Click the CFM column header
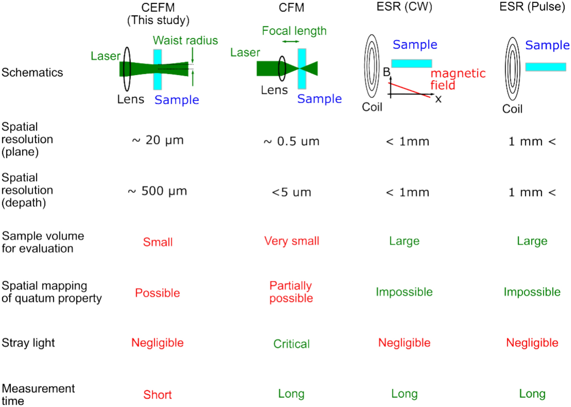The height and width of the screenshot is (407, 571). pyautogui.click(x=291, y=8)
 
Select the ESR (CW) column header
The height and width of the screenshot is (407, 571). pyautogui.click(x=404, y=6)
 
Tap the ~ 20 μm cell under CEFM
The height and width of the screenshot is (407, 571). pyautogui.click(x=157, y=140)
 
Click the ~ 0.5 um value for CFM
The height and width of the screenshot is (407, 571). pyautogui.click(x=291, y=141)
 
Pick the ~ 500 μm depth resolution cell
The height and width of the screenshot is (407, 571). pyautogui.click(x=157, y=191)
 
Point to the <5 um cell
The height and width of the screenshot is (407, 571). pyautogui.click(x=291, y=192)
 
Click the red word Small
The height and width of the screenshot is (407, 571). pyautogui.click(x=157, y=242)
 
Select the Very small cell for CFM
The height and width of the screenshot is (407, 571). pyautogui.click(x=292, y=241)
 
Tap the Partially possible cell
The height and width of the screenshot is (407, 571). pyautogui.click(x=291, y=292)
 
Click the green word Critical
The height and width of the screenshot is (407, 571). pyautogui.click(x=291, y=344)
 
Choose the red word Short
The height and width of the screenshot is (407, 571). pyautogui.click(x=157, y=395)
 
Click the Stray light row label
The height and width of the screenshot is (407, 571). pyautogui.click(x=28, y=343)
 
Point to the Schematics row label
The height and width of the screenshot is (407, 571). pyautogui.click(x=32, y=72)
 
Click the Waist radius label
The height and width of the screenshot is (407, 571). pyautogui.click(x=185, y=40)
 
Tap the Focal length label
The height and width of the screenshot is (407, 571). pyautogui.click(x=294, y=31)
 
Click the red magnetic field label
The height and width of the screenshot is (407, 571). pyautogui.click(x=457, y=79)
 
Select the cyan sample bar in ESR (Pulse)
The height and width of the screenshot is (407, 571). pyautogui.click(x=545, y=67)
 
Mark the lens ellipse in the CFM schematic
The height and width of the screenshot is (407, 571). pyautogui.click(x=282, y=68)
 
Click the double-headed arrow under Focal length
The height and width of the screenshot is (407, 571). pyautogui.click(x=290, y=42)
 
